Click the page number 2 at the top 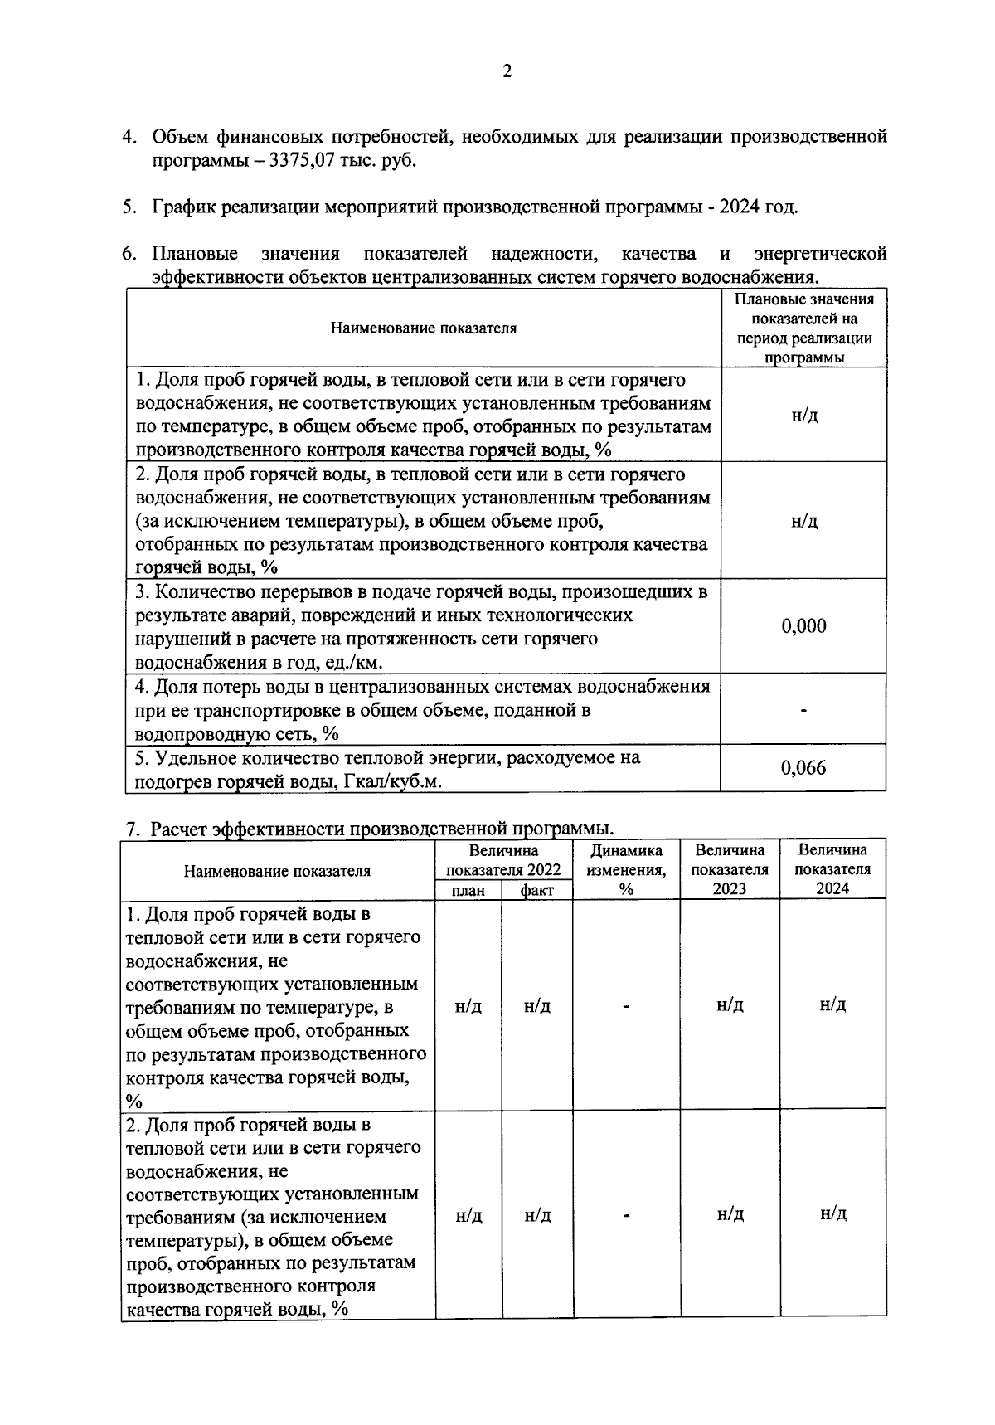pyautogui.click(x=507, y=71)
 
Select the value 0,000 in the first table pyautogui.click(x=803, y=626)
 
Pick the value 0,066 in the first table pyautogui.click(x=803, y=768)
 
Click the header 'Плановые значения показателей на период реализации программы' pyautogui.click(x=803, y=328)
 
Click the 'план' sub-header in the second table pyautogui.click(x=468, y=890)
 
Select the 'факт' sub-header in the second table pyautogui.click(x=536, y=890)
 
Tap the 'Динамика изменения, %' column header pyautogui.click(x=626, y=869)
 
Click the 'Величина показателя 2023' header pyautogui.click(x=730, y=869)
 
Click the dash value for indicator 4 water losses pyautogui.click(x=803, y=711)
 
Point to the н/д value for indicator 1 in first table pyautogui.click(x=803, y=416)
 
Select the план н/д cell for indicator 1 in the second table pyautogui.click(x=468, y=1006)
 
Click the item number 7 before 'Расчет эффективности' pyautogui.click(x=130, y=829)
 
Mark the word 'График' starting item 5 pyautogui.click(x=183, y=207)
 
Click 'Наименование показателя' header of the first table pyautogui.click(x=423, y=328)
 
